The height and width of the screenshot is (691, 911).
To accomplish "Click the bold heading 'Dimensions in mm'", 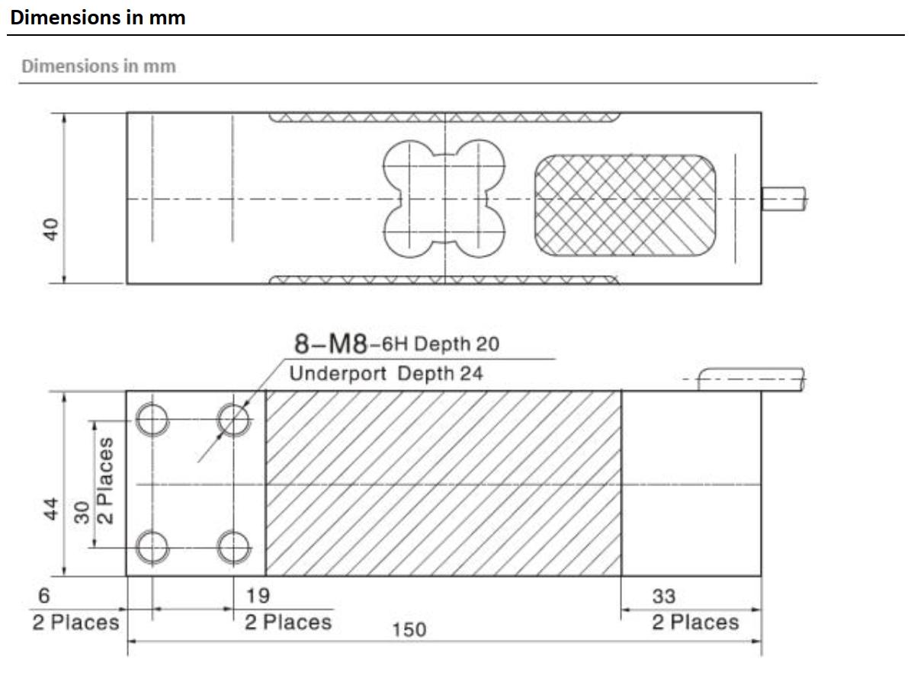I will (98, 18).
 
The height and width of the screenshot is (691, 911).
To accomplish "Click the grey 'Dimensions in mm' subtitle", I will (98, 66).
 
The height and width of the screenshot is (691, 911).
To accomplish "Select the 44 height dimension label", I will (51, 509).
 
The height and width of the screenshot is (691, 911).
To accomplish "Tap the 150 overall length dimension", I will (409, 630).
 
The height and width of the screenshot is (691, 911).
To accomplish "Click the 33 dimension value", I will (663, 595).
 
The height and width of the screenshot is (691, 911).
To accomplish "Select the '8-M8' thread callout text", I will (331, 344).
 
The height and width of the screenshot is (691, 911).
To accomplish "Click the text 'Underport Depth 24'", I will (386, 374).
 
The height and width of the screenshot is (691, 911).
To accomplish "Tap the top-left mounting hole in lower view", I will (152, 417).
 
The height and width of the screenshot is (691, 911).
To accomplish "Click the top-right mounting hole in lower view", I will (233, 417).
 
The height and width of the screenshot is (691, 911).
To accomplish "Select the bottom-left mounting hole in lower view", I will (152, 545).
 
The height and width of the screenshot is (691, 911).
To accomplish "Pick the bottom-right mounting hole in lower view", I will (233, 545).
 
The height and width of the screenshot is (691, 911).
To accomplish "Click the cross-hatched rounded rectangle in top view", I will (624, 205).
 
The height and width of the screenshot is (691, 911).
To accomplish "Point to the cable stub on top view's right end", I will (784, 200).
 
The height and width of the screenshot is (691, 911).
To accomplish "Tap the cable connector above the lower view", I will (751, 379).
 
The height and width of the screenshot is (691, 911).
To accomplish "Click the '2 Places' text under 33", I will (694, 622).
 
